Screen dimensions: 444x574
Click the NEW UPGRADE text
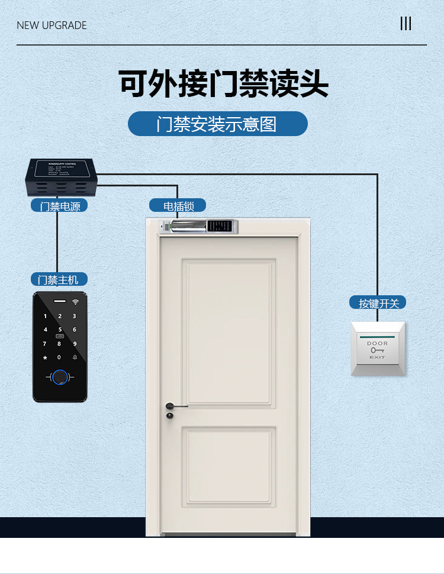52,25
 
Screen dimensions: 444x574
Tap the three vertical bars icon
406,24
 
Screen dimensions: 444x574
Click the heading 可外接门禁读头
223,83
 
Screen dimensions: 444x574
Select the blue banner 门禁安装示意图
217,124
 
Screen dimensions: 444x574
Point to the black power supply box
59,177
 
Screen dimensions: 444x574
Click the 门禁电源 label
59,206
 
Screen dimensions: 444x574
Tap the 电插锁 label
177,206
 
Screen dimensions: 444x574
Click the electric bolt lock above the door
199,226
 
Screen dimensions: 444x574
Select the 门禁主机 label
59,279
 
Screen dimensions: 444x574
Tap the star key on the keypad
44,357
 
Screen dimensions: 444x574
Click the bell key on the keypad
75,357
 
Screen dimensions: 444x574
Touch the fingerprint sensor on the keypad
59,376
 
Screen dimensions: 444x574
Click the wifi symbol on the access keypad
75,302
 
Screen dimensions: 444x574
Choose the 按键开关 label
378,303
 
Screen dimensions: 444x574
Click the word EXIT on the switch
377,357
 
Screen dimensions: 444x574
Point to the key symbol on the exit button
377,350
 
